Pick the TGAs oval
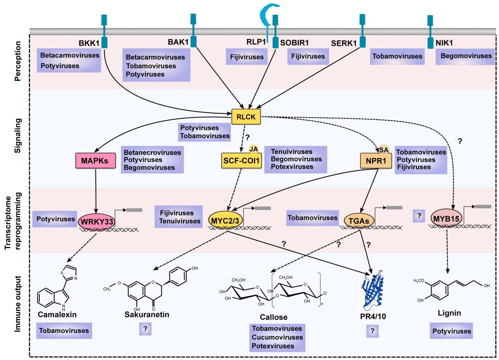[x=357, y=220]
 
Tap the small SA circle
[x=383, y=149]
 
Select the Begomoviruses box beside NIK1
[x=466, y=56]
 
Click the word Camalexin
[x=57, y=314]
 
